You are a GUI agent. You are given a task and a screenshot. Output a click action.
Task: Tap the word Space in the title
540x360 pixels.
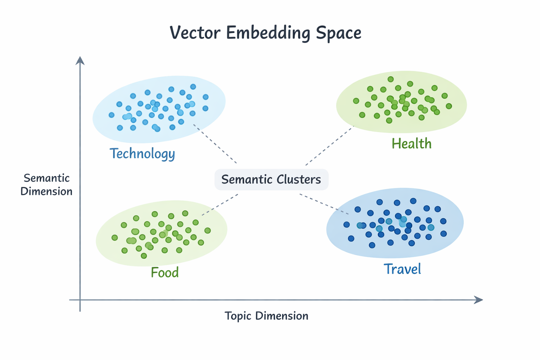[338, 33]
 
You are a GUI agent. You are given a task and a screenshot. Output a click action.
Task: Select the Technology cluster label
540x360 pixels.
[142, 154]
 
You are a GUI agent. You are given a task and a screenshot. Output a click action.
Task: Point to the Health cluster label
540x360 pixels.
[411, 143]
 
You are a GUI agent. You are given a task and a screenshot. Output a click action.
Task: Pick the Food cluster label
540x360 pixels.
[165, 272]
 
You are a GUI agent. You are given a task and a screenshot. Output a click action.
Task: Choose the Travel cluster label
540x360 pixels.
[402, 269]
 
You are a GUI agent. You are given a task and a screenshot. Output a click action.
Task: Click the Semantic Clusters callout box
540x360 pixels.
[271, 179]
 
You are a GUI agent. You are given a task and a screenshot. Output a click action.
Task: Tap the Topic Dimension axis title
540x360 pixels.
[266, 316]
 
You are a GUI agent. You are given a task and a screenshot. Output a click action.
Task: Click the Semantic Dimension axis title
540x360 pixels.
[46, 185]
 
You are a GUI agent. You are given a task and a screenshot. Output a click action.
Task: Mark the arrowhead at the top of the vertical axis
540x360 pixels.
[80, 60]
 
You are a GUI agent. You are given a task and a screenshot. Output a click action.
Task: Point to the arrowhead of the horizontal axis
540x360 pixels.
[479, 300]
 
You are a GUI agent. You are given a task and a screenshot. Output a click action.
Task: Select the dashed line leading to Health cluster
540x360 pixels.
[329, 146]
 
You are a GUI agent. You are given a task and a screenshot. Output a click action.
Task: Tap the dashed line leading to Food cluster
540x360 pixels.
[220, 204]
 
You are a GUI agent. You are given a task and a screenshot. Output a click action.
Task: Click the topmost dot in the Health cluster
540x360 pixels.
[391, 79]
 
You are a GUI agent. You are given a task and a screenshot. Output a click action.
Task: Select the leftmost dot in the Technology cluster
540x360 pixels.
[111, 115]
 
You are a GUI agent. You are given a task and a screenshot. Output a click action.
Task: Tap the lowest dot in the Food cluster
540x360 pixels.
[143, 256]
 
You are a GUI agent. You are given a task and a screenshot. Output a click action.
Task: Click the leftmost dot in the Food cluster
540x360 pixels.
[115, 238]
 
